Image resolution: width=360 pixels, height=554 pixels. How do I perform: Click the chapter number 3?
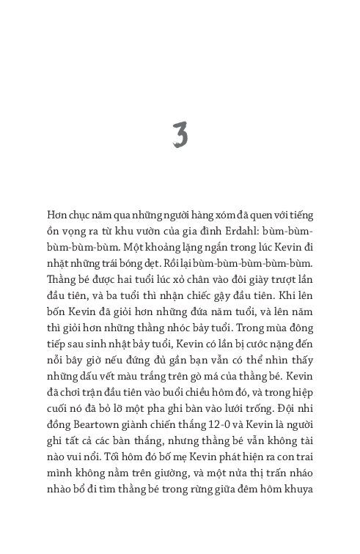(x=180, y=136)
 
